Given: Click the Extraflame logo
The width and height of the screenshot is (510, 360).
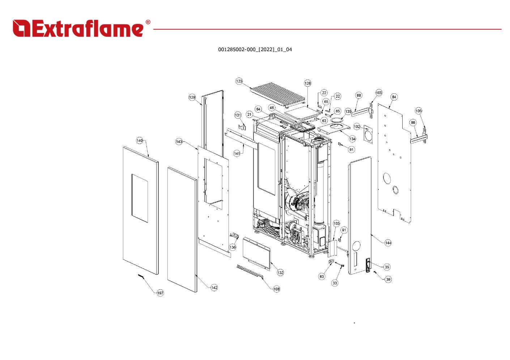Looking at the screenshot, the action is (x=81, y=29).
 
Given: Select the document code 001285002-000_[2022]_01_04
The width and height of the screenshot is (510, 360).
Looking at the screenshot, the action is (x=255, y=50).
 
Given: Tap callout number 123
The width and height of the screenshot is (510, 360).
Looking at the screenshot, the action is (x=239, y=81).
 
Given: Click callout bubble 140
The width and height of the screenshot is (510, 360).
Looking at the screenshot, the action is (x=140, y=141).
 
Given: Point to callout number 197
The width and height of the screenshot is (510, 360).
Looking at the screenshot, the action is (x=160, y=293).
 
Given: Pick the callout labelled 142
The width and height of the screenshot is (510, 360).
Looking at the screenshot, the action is (x=214, y=288).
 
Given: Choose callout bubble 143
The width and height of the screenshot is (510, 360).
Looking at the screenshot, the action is (x=179, y=142).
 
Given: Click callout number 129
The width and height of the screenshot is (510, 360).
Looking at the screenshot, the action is (x=192, y=97).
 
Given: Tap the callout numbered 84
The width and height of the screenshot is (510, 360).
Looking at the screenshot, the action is (x=394, y=97).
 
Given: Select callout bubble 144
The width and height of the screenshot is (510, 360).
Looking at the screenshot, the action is (x=388, y=243).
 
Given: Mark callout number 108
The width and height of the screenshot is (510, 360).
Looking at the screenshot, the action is (x=276, y=289).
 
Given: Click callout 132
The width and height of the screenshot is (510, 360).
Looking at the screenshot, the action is (x=280, y=273).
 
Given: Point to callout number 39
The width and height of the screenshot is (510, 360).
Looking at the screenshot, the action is (x=388, y=279).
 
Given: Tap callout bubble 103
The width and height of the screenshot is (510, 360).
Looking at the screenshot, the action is (x=336, y=223).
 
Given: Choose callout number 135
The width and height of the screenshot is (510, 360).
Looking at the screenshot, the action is (x=348, y=111).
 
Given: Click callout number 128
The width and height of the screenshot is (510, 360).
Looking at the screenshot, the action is (x=307, y=83).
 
